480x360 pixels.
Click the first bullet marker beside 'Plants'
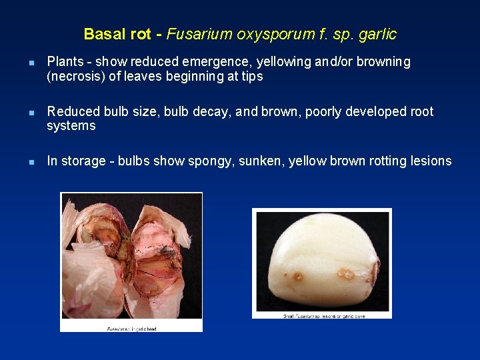click(31, 63)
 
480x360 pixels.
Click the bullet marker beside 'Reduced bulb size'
click(31, 113)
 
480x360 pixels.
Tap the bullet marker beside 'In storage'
click(31, 162)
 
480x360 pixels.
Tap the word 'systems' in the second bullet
click(71, 126)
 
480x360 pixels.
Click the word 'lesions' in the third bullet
click(429, 161)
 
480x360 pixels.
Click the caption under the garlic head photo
click(131, 328)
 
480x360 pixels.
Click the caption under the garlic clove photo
click(322, 315)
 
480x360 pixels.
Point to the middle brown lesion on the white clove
click(345, 273)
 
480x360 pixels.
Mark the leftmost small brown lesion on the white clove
click(298, 277)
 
